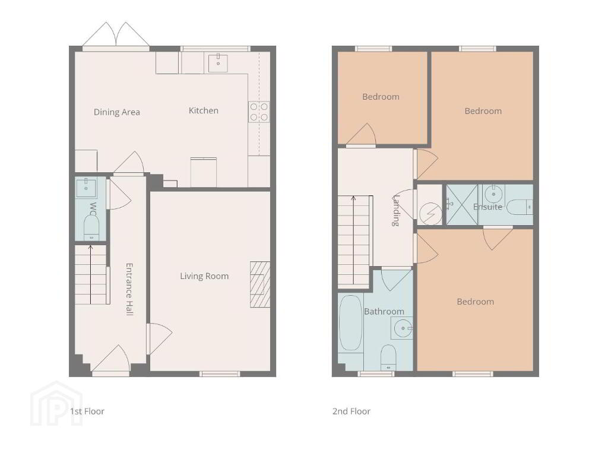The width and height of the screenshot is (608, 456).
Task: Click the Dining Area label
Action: coord(117,112)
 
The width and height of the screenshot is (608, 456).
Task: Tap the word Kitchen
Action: coord(204,110)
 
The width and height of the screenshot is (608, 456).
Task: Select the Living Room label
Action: coord(204,276)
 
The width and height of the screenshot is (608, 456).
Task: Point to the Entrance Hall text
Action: coord(129,289)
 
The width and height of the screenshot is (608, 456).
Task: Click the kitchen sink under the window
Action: coord(218,64)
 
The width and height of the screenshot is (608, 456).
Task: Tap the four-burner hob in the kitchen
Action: coord(259,112)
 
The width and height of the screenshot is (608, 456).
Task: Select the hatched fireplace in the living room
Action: coord(260,284)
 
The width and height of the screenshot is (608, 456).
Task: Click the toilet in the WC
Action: coord(91,227)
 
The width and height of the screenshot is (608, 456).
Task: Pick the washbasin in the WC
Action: coord(86,188)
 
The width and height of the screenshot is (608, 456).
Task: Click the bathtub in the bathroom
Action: coord(350,323)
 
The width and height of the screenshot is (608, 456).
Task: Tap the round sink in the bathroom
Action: coord(403,328)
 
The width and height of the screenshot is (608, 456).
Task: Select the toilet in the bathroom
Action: coord(388,357)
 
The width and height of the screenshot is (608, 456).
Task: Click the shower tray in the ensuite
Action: coord(462,205)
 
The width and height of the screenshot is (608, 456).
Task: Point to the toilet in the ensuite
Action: coord(520,207)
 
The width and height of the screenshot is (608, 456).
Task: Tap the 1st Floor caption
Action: coord(87,411)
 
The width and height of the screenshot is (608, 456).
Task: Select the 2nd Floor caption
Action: coord(351,411)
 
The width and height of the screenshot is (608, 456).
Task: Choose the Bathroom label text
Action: coord(384,311)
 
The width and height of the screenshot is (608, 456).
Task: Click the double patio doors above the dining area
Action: coord(116,35)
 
